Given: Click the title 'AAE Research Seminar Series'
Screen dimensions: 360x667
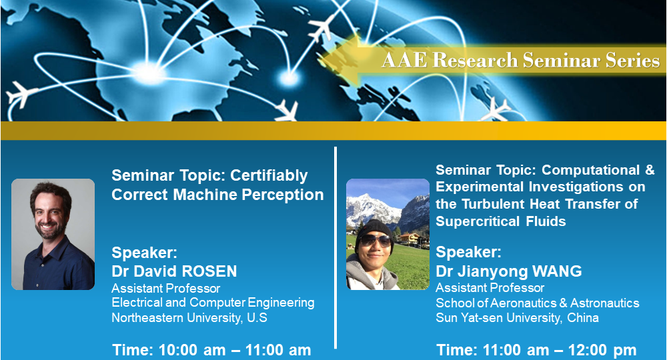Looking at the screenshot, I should (x=520, y=61).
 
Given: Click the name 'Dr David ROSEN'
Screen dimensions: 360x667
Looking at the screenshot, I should (x=174, y=271).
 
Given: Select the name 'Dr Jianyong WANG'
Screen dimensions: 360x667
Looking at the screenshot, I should (x=508, y=271).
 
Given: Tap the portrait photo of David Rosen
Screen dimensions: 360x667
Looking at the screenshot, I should (x=53, y=234).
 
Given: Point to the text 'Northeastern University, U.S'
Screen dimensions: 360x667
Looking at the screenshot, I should (x=189, y=318).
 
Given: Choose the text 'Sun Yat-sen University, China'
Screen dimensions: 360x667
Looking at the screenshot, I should (x=517, y=318).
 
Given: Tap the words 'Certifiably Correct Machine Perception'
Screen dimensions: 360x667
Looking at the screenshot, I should (x=217, y=185).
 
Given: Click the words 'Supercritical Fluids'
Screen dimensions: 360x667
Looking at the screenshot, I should (x=500, y=221).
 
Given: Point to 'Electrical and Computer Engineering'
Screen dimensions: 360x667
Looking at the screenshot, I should (x=213, y=303).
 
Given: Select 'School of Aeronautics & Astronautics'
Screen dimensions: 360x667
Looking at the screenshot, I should (x=537, y=303).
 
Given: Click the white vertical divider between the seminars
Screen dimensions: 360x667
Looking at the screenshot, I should (x=336, y=247).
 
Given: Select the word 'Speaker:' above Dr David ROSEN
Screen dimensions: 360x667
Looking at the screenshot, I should (x=144, y=253).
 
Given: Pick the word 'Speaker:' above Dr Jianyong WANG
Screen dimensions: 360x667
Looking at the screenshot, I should (x=468, y=253).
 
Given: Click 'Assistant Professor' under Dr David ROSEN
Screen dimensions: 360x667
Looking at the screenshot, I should (x=165, y=288).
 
